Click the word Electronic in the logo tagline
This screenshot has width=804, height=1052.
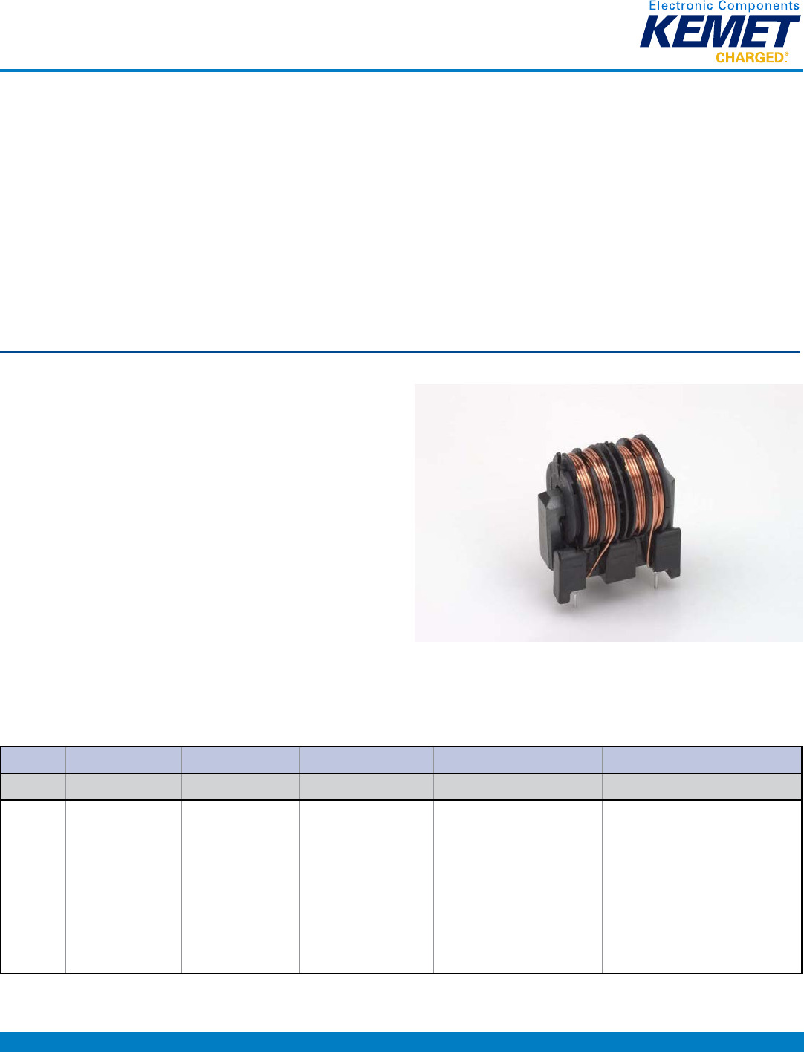[x=678, y=6]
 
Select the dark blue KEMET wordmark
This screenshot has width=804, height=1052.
[x=720, y=31]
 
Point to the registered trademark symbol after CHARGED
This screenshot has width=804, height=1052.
[x=786, y=54]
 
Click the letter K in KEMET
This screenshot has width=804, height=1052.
[x=657, y=31]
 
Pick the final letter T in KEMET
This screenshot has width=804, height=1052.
[x=784, y=31]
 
